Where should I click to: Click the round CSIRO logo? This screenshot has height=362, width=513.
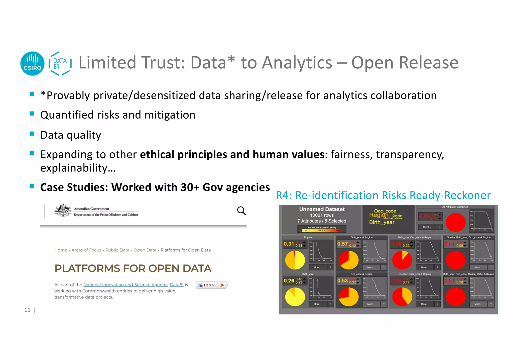32,64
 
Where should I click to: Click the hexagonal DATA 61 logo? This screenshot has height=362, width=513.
60,64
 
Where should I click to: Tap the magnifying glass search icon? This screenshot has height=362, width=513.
241,211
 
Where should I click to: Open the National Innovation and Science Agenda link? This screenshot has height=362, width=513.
125,285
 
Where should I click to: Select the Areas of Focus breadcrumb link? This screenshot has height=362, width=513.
86,250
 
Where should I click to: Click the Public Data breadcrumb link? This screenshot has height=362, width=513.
117,250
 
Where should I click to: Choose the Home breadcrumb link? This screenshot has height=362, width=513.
61,250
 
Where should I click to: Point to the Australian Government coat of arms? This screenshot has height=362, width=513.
63,210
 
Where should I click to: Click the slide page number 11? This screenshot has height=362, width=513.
27,310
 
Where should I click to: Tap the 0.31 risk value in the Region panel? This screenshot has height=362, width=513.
289,244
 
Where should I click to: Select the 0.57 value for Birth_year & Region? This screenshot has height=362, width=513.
342,244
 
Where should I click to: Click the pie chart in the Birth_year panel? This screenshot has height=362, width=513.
295,297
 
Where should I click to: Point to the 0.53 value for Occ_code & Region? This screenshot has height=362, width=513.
342,280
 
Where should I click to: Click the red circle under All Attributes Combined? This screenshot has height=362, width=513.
456,222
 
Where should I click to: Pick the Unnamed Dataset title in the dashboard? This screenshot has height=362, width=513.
322,209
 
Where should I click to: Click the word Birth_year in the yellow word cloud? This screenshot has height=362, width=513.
381,222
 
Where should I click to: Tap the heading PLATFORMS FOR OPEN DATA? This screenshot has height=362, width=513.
133,268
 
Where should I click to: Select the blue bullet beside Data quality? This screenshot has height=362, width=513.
32,134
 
